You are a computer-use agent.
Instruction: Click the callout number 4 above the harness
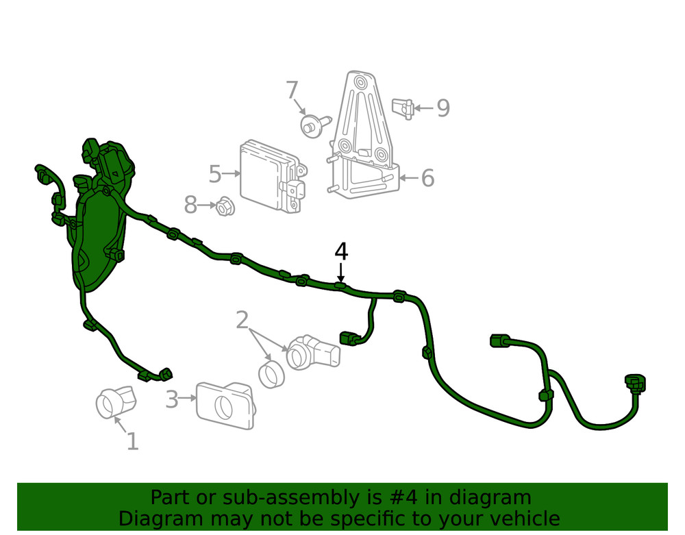coord(341,252)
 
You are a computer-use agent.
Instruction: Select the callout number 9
coord(443,108)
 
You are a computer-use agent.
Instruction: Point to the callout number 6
coord(427,178)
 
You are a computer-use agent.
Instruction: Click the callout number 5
coord(215,174)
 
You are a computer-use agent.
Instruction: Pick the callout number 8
coord(190,204)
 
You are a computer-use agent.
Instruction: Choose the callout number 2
coord(242,320)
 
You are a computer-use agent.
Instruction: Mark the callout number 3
coord(171,399)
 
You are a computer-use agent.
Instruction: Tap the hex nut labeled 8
coord(222,205)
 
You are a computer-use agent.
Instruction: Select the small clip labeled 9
coord(403,108)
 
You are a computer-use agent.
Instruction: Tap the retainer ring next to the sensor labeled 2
coord(272,374)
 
